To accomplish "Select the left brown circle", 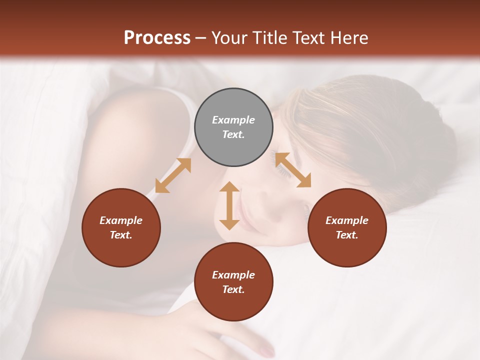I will [121, 227].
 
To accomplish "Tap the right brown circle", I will [347, 227].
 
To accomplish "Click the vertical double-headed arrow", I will [229, 205].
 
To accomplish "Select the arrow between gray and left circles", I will [173, 175].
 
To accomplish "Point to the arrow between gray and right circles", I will [293, 170].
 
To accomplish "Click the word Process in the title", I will [157, 38].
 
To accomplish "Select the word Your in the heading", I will [228, 38].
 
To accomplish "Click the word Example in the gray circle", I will [233, 120].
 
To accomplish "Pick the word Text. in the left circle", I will [121, 235].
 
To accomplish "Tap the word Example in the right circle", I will [347, 220].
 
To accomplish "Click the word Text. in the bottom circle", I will [233, 289].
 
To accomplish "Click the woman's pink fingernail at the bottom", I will [269, 349].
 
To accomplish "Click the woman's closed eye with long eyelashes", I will [283, 170].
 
